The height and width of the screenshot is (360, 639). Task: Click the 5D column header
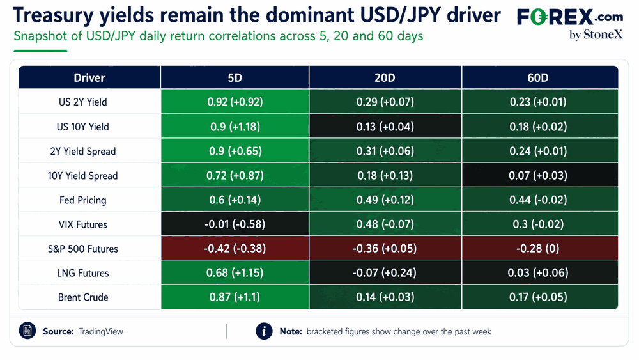235,77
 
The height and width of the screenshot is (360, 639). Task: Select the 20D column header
385,77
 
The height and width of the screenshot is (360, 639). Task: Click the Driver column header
89,77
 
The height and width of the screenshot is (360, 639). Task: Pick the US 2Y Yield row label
82,102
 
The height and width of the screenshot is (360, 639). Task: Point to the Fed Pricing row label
82,200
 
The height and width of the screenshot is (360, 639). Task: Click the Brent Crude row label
83,297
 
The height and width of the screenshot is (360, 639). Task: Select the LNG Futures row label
82,273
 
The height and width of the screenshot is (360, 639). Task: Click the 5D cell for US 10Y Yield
235,127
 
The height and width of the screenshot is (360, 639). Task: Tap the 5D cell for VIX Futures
235,224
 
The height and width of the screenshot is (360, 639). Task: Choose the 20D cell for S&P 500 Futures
385,248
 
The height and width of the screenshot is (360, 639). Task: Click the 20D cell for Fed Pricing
385,200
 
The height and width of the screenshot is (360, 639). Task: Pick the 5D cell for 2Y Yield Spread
235,151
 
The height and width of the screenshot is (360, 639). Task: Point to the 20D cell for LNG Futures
385,272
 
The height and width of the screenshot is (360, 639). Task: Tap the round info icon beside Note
264,331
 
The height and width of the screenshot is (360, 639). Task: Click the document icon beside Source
27,331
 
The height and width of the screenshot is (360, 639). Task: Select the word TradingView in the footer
101,331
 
